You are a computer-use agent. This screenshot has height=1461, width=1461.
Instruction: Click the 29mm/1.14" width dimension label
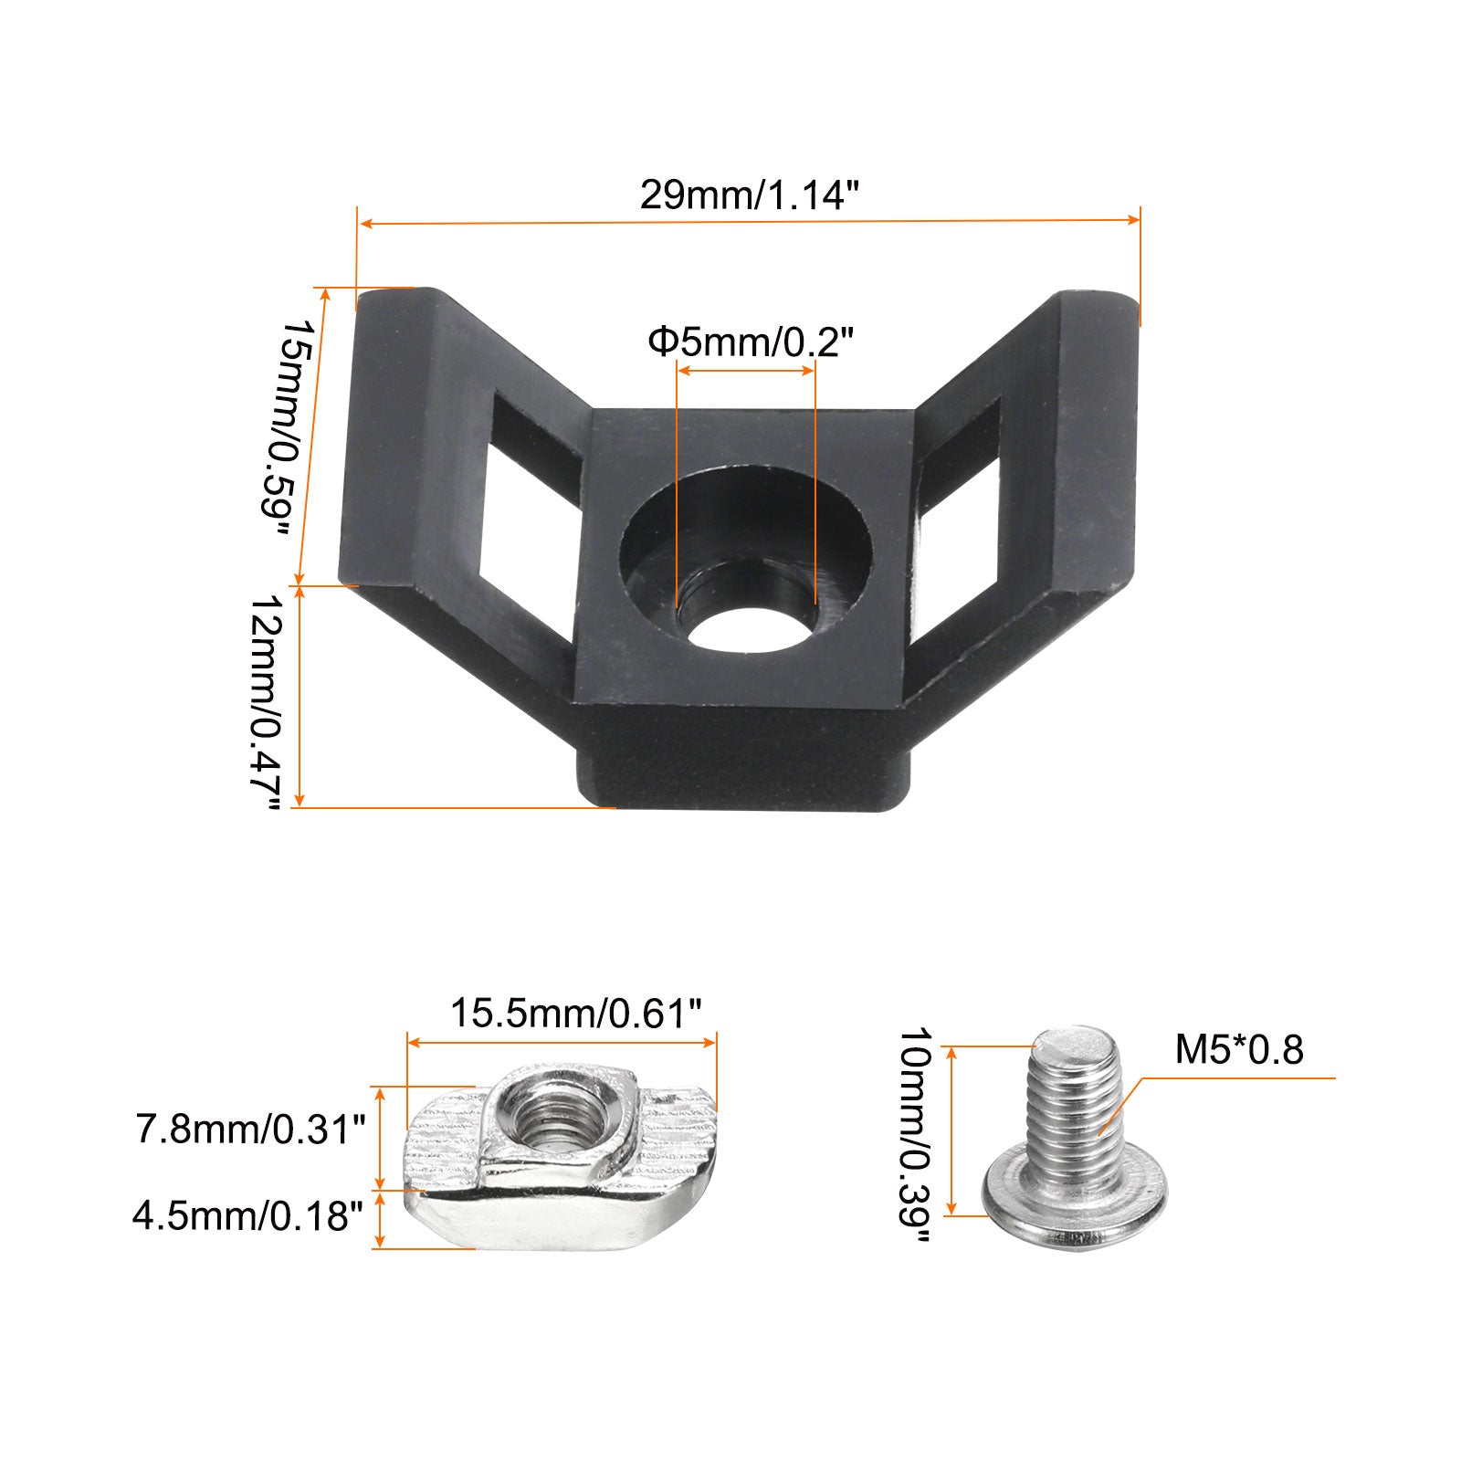tap(751, 194)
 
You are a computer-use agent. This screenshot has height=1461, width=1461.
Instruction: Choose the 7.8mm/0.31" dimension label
tap(250, 1130)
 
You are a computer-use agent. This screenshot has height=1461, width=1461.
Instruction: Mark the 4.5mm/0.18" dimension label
tap(248, 1216)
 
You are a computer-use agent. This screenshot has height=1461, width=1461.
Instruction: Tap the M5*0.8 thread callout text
tap(1239, 1050)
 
